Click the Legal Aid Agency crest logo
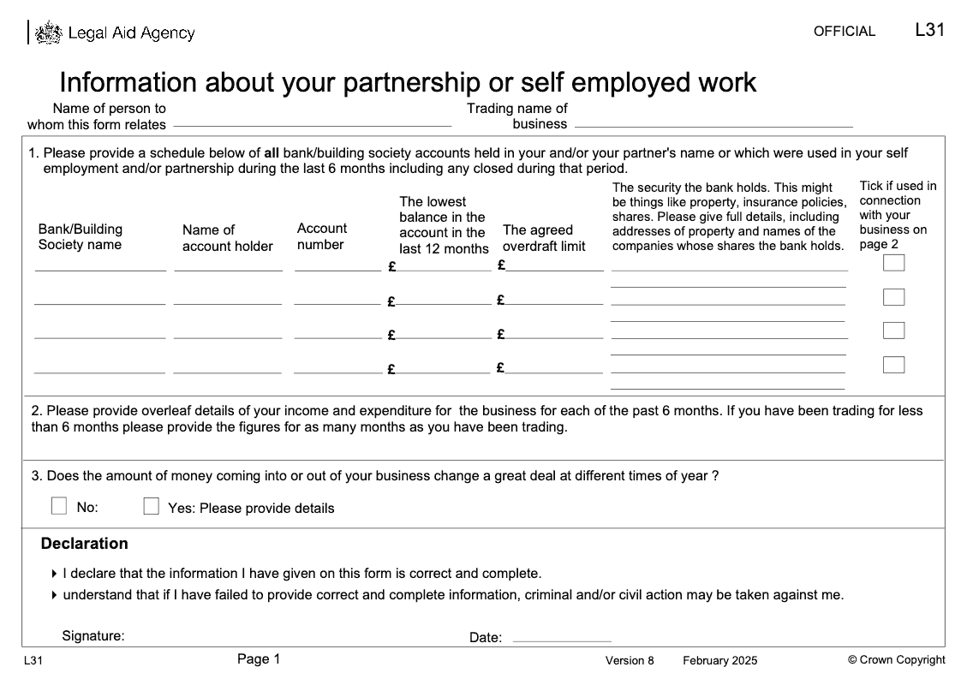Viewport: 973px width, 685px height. click(x=49, y=33)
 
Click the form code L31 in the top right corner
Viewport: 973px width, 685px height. click(x=929, y=30)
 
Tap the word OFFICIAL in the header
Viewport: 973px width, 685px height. click(x=844, y=32)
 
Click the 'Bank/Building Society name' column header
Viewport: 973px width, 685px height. click(x=80, y=237)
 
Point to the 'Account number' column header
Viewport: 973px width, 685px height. click(x=322, y=236)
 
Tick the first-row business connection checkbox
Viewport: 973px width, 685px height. click(x=893, y=263)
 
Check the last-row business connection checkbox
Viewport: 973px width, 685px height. click(x=893, y=365)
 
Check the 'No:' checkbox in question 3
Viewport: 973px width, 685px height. click(x=59, y=506)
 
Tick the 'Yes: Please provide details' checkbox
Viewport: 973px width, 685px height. click(x=152, y=506)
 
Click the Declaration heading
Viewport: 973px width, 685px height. click(x=85, y=544)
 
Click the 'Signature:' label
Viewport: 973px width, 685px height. click(x=93, y=636)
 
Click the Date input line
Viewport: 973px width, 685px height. click(x=561, y=639)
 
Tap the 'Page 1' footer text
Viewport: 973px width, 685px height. click(x=259, y=659)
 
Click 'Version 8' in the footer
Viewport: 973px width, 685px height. click(x=630, y=660)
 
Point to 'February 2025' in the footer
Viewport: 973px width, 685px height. click(x=719, y=660)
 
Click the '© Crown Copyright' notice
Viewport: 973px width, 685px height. click(x=896, y=659)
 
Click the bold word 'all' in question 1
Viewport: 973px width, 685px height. click(x=272, y=153)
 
